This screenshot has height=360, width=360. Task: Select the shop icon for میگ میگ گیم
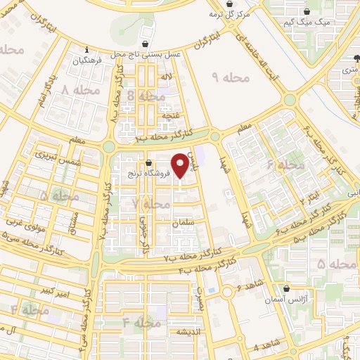point(307,12)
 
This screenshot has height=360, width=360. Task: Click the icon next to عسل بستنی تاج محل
point(145,44)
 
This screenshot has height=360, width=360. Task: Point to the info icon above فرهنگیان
point(86,50)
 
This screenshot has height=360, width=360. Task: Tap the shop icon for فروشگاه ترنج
point(147,162)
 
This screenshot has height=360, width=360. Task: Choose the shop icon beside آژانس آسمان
point(286,288)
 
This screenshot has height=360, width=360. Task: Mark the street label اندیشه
point(191,332)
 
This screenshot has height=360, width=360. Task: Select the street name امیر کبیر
point(54,290)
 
